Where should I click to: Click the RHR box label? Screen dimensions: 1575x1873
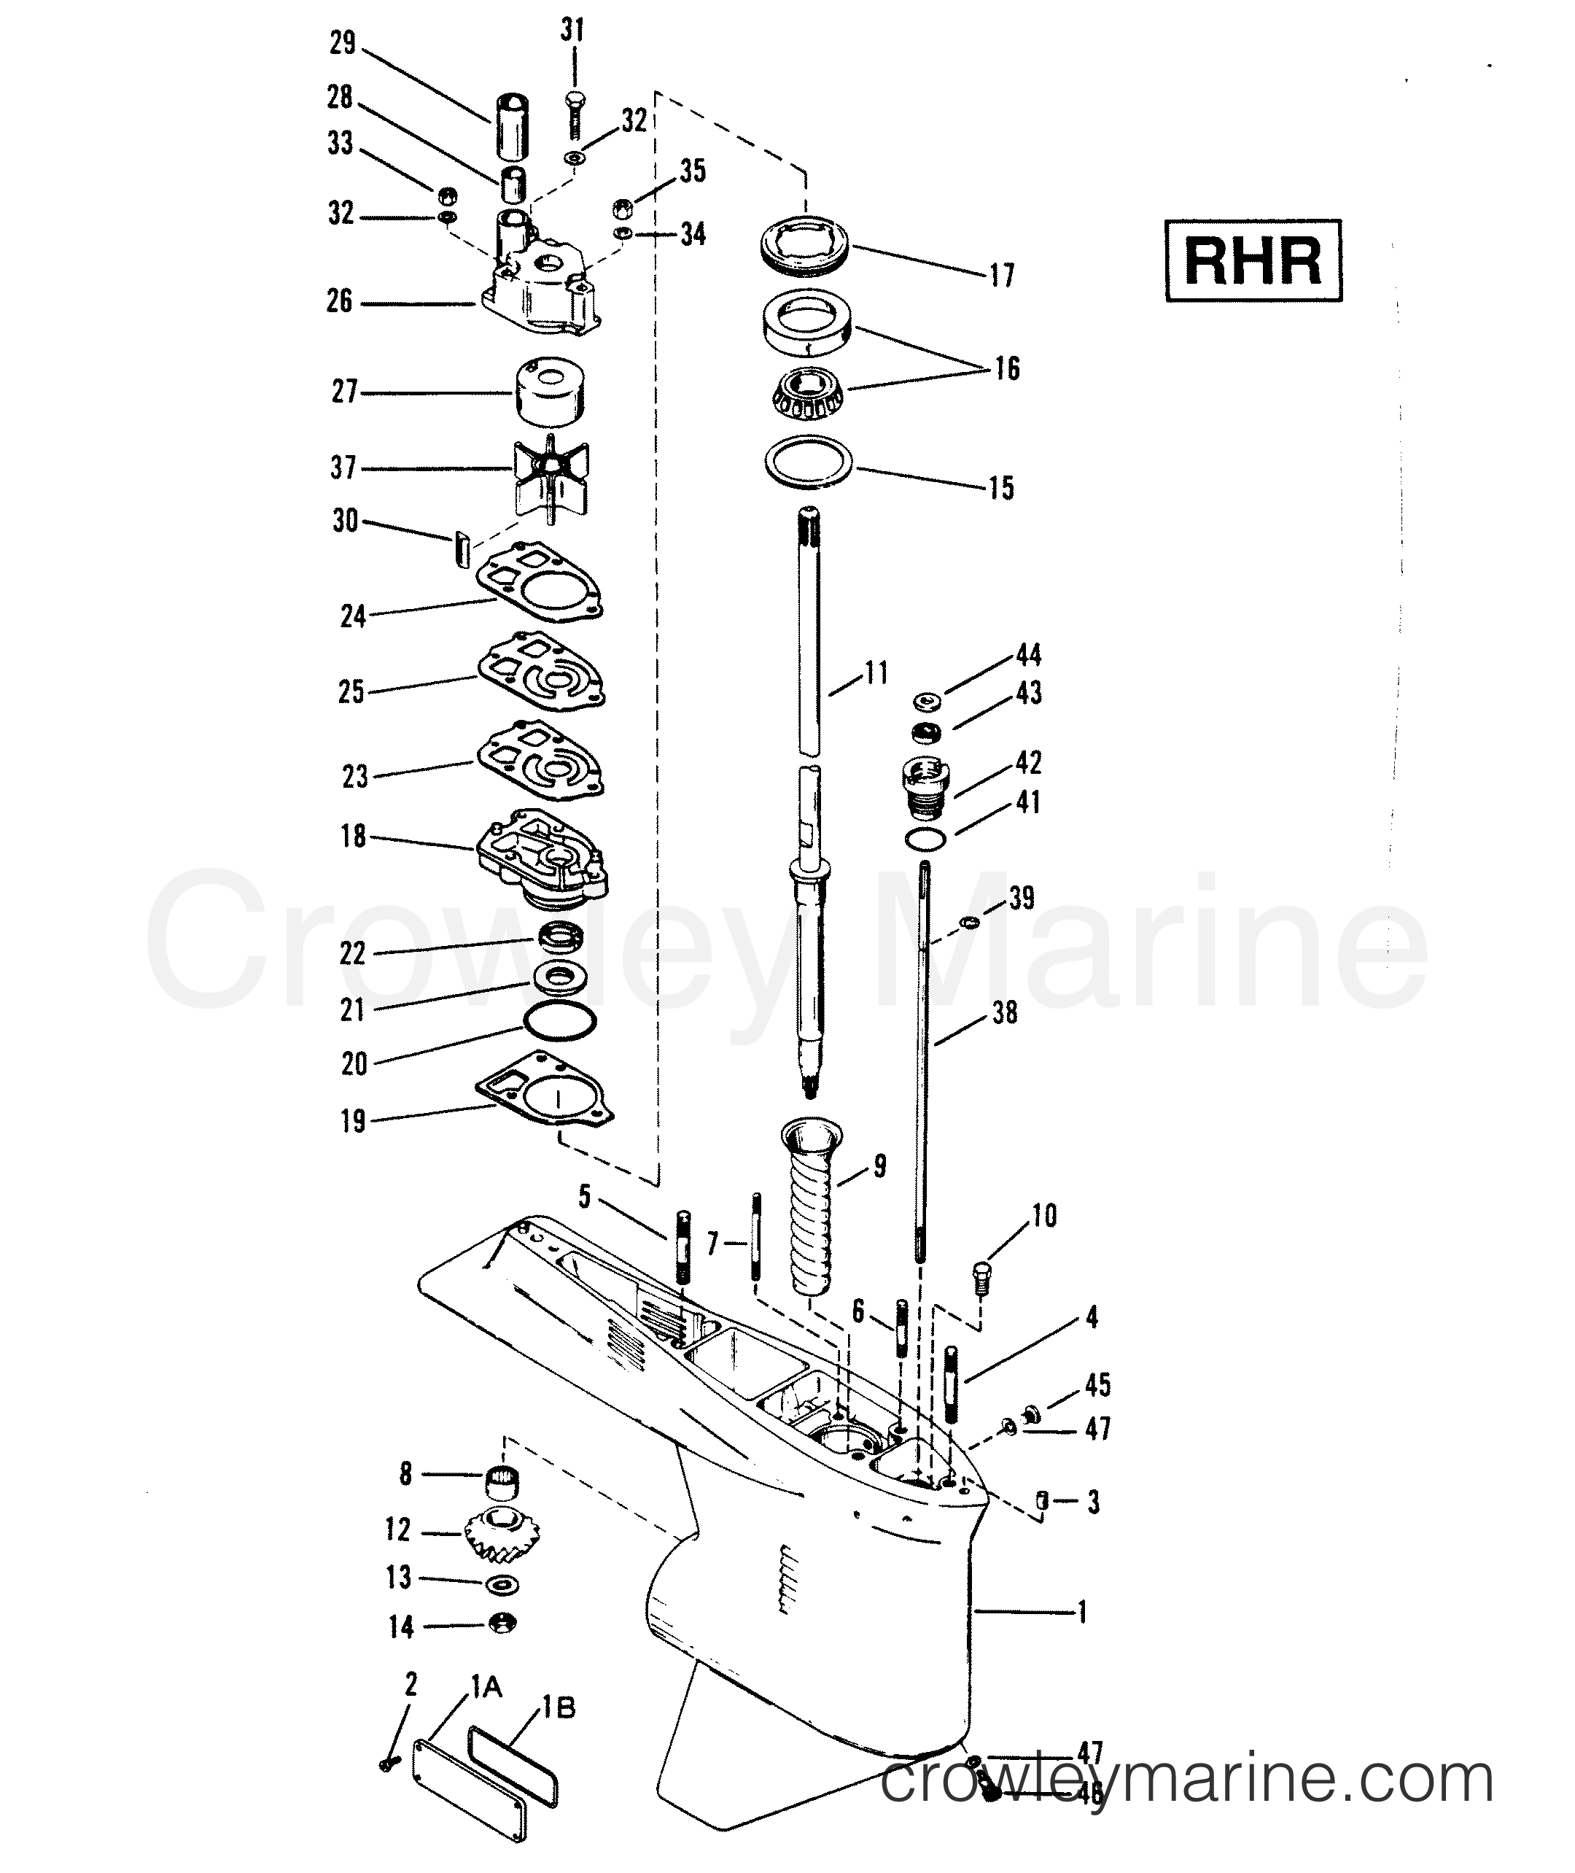pyautogui.click(x=1253, y=261)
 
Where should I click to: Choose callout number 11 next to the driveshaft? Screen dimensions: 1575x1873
pyautogui.click(x=876, y=672)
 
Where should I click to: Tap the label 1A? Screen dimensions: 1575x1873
pyautogui.click(x=486, y=1686)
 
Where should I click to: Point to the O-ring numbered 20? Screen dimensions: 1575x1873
pyautogui.click(x=560, y=1021)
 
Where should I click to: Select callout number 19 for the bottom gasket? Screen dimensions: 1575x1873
pyautogui.click(x=354, y=1121)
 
